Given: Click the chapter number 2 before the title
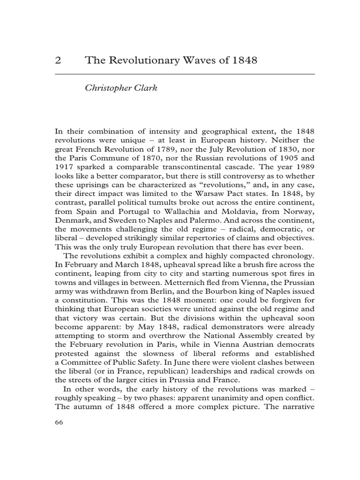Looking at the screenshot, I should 59,61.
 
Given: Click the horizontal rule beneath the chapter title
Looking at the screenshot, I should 185,75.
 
